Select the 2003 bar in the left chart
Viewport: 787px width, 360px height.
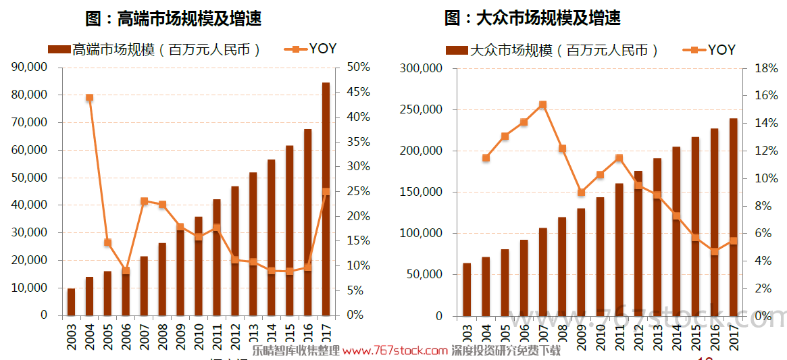click(x=71, y=302)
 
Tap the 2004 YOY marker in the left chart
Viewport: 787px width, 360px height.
click(x=89, y=97)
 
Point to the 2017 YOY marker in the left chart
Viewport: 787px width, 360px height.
click(x=326, y=192)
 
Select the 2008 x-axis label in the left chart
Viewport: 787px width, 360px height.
click(x=162, y=336)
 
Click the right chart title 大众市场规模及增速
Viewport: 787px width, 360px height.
click(x=533, y=18)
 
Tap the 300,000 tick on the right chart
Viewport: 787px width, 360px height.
click(x=422, y=68)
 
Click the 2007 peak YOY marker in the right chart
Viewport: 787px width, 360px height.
click(x=542, y=105)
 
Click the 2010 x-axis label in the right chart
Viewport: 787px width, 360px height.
click(x=600, y=336)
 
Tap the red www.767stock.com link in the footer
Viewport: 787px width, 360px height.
click(x=395, y=351)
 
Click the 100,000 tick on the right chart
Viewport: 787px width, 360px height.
click(x=422, y=233)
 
